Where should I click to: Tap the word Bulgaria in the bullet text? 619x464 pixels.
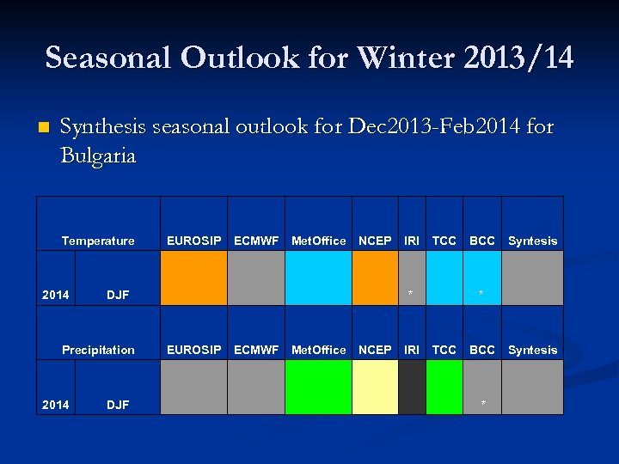click(x=98, y=156)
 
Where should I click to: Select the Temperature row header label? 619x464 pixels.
click(x=98, y=241)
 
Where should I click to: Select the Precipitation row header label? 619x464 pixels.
click(x=98, y=350)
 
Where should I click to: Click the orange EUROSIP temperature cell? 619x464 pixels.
click(x=193, y=278)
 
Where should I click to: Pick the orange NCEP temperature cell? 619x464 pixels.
click(x=375, y=278)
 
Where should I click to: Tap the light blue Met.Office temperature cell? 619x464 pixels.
click(x=318, y=278)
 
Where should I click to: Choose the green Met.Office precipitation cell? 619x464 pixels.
click(x=318, y=387)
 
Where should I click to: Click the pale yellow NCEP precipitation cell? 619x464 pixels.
click(x=375, y=387)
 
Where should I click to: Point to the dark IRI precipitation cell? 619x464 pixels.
click(x=412, y=387)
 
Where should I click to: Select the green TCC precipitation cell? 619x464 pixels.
click(x=444, y=387)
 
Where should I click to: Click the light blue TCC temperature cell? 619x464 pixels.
click(x=444, y=278)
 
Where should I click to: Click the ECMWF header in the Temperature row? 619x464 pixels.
click(x=256, y=241)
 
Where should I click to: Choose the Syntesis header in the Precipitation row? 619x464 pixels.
click(x=532, y=350)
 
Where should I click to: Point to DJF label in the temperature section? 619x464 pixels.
click(x=118, y=296)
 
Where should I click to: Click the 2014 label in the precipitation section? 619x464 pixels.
click(x=56, y=405)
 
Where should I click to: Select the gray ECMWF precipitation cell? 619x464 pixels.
click(x=256, y=387)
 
